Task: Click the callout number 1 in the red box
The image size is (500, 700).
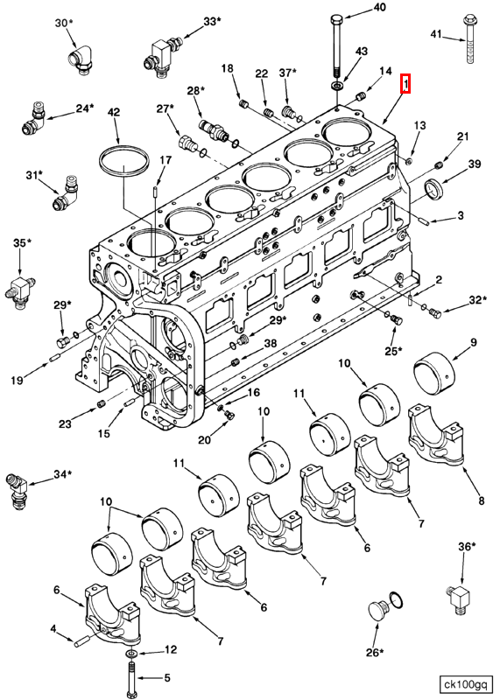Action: pyautogui.click(x=405, y=84)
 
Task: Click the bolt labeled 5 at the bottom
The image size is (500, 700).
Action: pyautogui.click(x=130, y=677)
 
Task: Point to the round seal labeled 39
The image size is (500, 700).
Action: pyautogui.click(x=435, y=188)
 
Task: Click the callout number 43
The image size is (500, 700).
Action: pyautogui.click(x=362, y=53)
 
